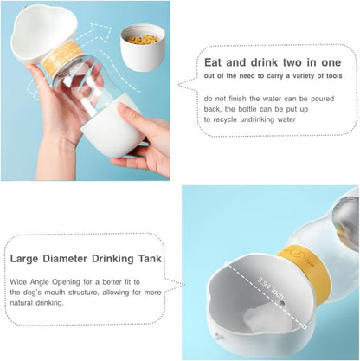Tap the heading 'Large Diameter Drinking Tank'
(87, 257)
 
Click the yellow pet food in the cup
(143, 39)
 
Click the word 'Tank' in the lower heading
(150, 257)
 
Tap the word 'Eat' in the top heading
(215, 62)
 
